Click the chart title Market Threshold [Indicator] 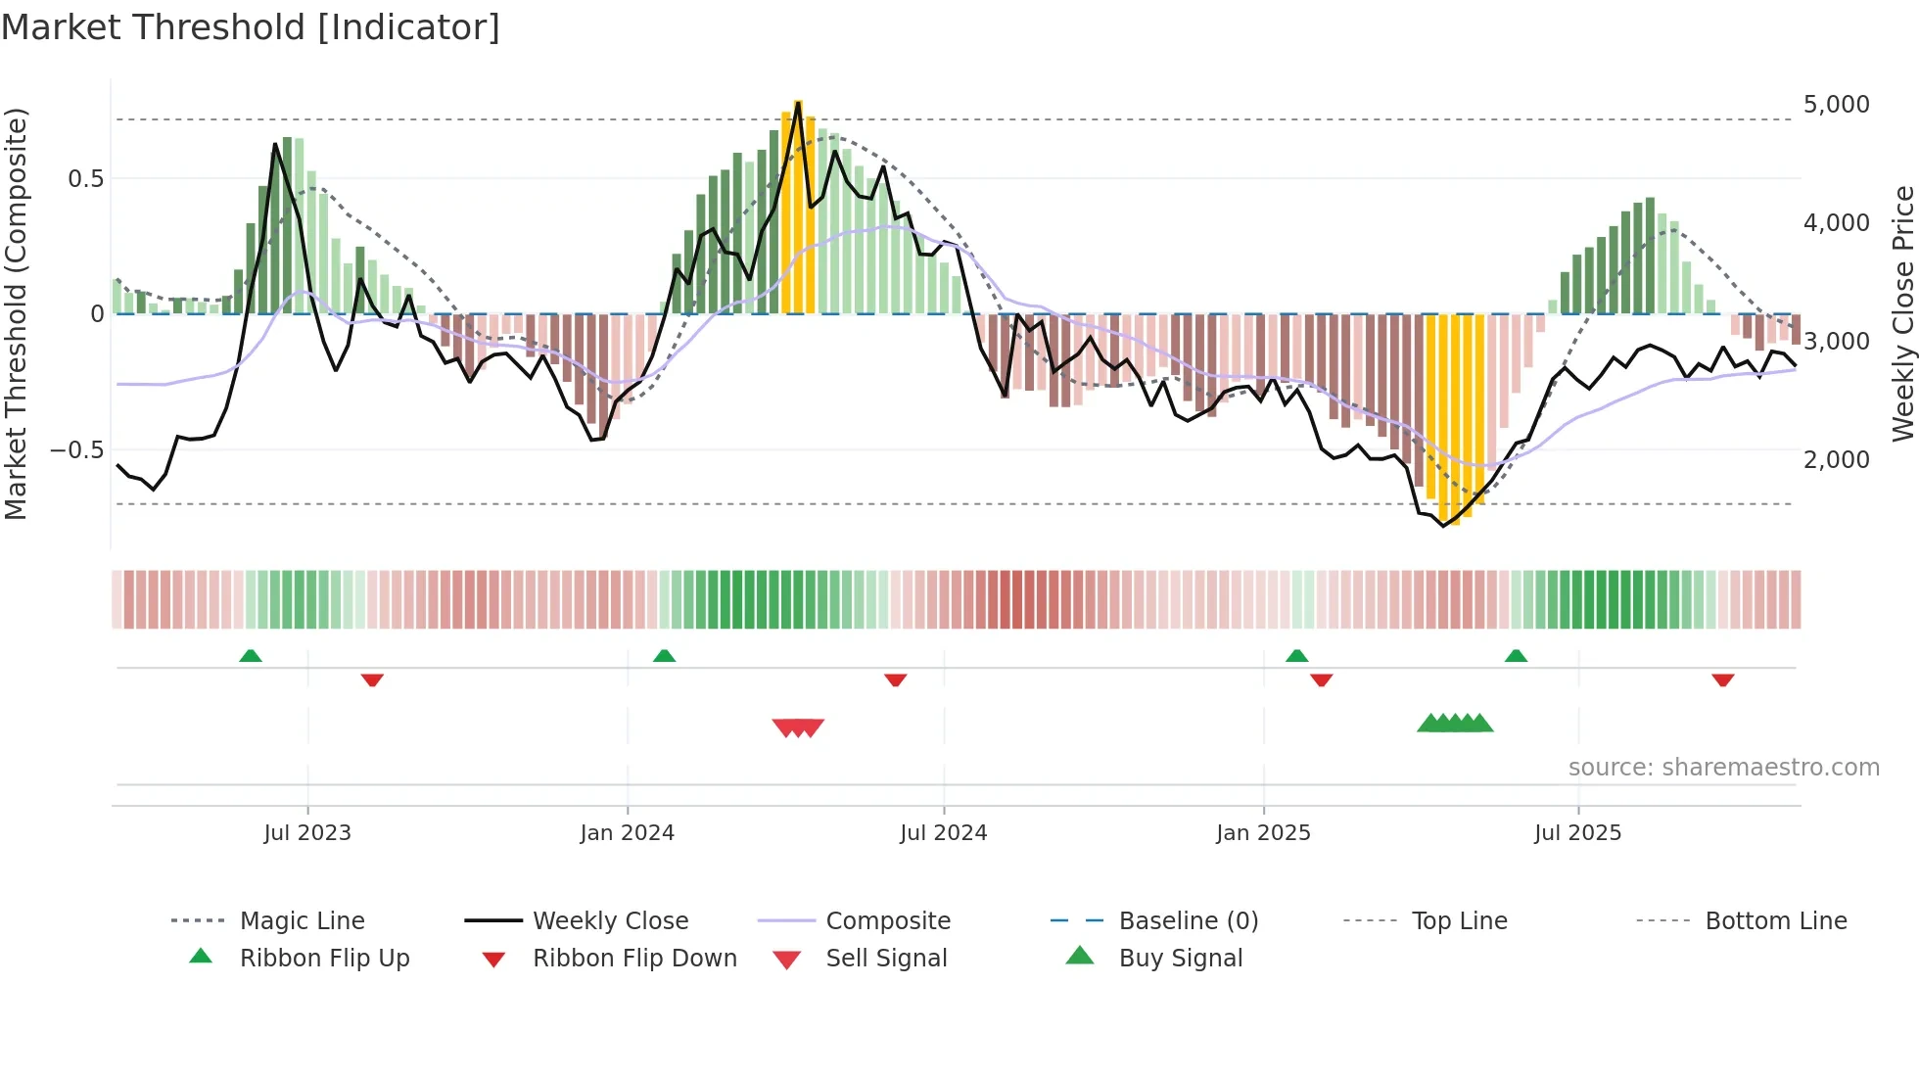coord(251,27)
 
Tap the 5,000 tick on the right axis coord(1836,105)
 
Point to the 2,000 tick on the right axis coord(1836,459)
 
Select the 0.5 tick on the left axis coord(85,179)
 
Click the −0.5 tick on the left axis coord(77,450)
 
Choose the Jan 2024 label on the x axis coord(627,833)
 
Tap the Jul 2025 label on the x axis coord(1577,833)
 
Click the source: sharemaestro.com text coord(1723,768)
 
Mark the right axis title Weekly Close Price coord(1902,313)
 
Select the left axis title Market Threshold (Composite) coord(16,313)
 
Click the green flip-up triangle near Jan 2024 coord(664,656)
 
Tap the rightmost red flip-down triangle coord(1723,680)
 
